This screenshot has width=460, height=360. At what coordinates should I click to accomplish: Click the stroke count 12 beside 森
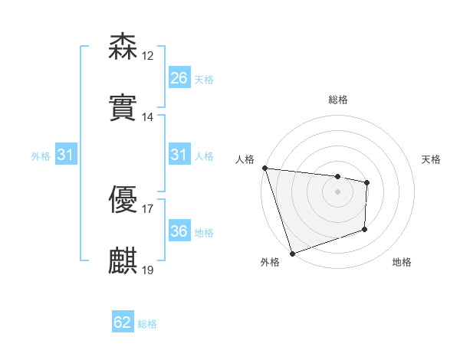click(x=148, y=56)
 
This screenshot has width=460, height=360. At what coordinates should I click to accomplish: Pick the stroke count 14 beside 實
click(x=148, y=117)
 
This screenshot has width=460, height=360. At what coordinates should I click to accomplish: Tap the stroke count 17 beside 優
click(x=148, y=208)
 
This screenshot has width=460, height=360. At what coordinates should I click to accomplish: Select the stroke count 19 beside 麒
click(x=148, y=270)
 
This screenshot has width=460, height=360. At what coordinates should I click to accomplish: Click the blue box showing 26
click(x=179, y=77)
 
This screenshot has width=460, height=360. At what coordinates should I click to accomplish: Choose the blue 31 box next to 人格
click(x=179, y=155)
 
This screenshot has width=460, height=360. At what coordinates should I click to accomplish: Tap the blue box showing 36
click(x=179, y=231)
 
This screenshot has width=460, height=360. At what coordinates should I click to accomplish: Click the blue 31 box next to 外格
click(x=66, y=155)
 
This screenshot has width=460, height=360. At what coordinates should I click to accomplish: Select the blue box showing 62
click(x=123, y=322)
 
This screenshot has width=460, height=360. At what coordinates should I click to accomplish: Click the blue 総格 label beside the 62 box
click(x=147, y=324)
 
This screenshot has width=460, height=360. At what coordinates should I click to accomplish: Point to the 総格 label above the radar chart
click(x=338, y=100)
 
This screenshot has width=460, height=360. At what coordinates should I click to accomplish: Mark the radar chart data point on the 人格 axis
click(x=264, y=168)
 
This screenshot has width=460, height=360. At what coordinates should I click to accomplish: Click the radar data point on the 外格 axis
click(x=292, y=253)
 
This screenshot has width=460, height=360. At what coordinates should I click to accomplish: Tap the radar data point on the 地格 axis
click(x=365, y=229)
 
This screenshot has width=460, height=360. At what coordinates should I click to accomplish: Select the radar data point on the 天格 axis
click(x=367, y=182)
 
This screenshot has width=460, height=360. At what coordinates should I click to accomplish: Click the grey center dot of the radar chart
click(x=338, y=191)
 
